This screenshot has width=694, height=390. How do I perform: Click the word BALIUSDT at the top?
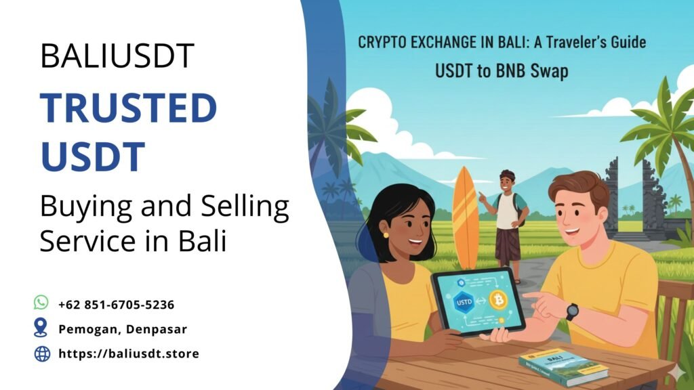(117, 56)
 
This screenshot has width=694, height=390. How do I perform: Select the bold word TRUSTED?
(128, 108)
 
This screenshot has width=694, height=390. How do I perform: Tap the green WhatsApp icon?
(42, 303)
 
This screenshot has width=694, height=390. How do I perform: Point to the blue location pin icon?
(42, 328)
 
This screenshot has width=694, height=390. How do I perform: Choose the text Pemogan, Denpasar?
(123, 329)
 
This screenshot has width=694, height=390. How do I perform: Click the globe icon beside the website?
(42, 353)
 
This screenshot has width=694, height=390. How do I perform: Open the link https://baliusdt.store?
(129, 353)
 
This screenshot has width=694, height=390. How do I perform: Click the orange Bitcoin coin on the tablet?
(499, 300)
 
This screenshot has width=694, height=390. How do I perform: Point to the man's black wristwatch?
(572, 312)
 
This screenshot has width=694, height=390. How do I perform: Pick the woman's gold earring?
(386, 235)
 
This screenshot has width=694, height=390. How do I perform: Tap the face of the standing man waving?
(506, 182)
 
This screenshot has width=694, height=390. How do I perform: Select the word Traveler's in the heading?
(544, 43)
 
